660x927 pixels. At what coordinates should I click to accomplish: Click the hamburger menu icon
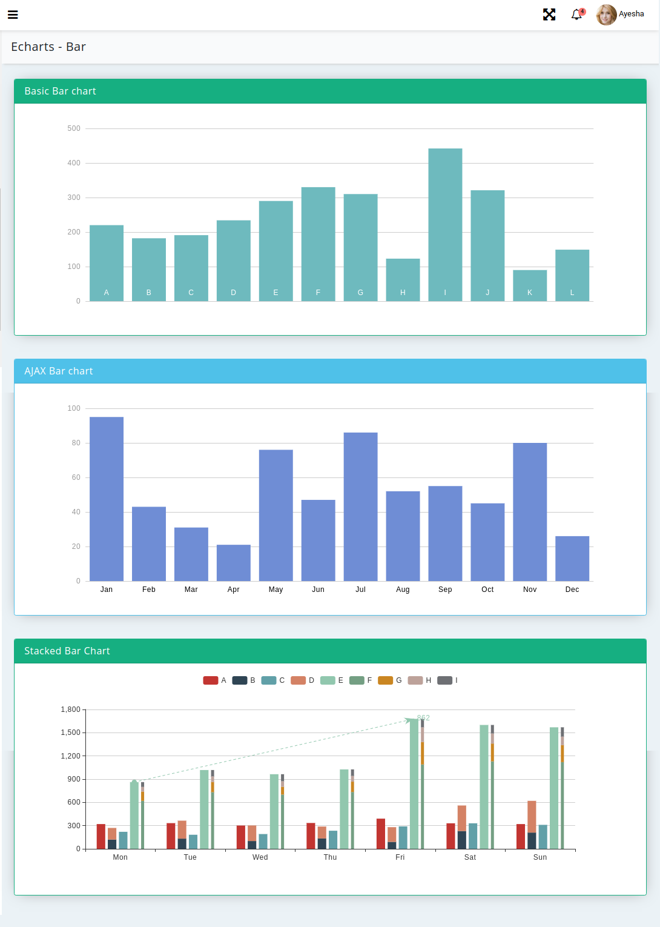pos(13,15)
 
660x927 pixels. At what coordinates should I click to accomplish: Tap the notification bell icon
pos(576,15)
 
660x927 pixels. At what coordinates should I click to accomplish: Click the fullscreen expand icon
pos(549,15)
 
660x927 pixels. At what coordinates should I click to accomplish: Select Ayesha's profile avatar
pos(606,15)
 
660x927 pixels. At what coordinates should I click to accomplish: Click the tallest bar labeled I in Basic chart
pos(445,224)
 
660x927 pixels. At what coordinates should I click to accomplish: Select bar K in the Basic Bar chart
pos(530,285)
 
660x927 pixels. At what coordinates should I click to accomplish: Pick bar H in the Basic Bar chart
pos(403,279)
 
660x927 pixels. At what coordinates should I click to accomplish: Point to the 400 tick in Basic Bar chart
pos(74,163)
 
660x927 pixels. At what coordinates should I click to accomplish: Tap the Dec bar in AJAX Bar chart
pos(572,558)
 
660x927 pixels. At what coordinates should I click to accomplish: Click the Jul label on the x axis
pos(360,590)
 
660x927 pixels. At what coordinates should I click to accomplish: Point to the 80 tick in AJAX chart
pos(76,443)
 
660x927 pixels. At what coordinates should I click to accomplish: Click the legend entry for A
pos(215,680)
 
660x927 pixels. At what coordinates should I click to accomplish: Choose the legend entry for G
pos(390,680)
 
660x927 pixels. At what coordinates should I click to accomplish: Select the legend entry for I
pos(447,680)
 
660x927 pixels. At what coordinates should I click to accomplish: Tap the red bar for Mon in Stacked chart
pos(101,836)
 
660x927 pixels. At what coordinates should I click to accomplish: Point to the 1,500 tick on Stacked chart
pos(70,733)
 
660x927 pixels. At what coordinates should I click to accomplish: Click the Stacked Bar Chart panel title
pos(67,651)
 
